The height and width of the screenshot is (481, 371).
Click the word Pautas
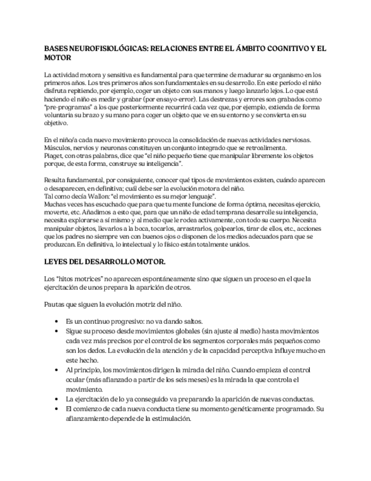click(x=55, y=304)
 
